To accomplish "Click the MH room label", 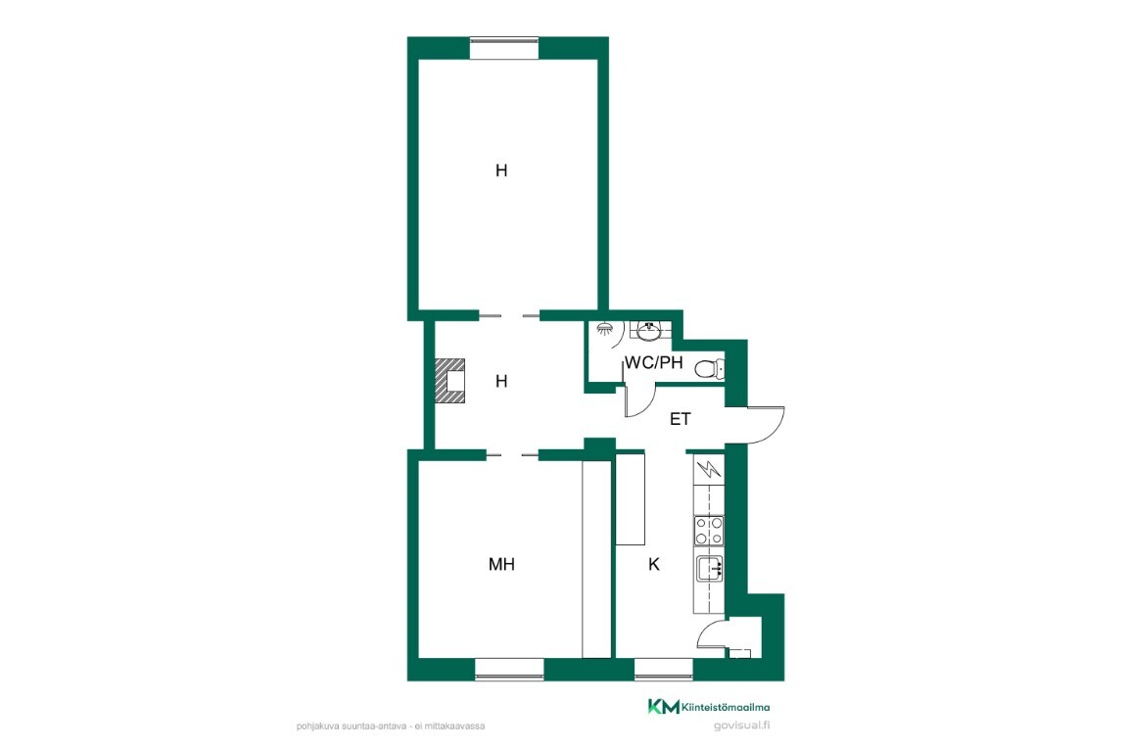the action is pos(501,565).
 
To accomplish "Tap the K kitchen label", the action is pos(654,565).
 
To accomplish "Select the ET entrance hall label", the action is pos(681,419).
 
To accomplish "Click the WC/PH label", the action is pos(654,362).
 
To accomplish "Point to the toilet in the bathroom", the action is pos(710,369).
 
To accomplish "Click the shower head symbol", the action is pos(605,329).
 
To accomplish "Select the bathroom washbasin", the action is pos(649,331).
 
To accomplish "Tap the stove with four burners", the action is pos(709,531).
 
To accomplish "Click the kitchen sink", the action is pos(709,569).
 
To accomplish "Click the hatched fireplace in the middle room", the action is pos(450,380).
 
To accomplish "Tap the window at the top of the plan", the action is pos(504,48).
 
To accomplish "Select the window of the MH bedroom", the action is pos(509,669).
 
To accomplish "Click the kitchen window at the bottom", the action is pos(663,669).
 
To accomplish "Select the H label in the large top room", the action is pos(501,170).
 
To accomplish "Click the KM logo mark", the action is pos(663,707).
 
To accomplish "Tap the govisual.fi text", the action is pos(741,726).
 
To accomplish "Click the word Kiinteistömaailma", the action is pos(725,707).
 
